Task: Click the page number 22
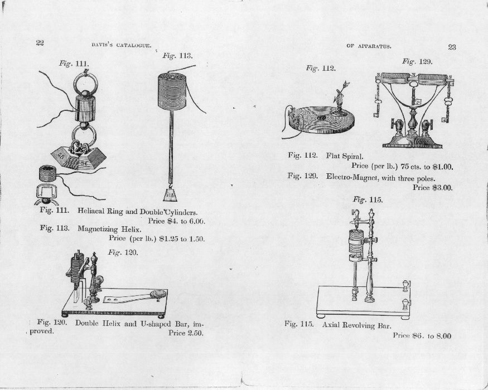tap(40, 43)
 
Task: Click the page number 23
tap(452, 47)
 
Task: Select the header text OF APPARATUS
tap(369, 46)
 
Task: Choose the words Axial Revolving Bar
tap(356, 325)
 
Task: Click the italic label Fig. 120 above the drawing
tap(122, 252)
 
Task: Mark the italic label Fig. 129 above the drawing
tap(417, 61)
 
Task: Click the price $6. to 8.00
tap(422, 335)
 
